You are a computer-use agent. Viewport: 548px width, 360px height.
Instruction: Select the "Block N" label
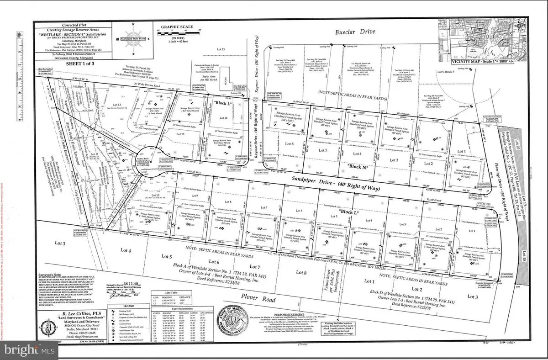tap(355, 167)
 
